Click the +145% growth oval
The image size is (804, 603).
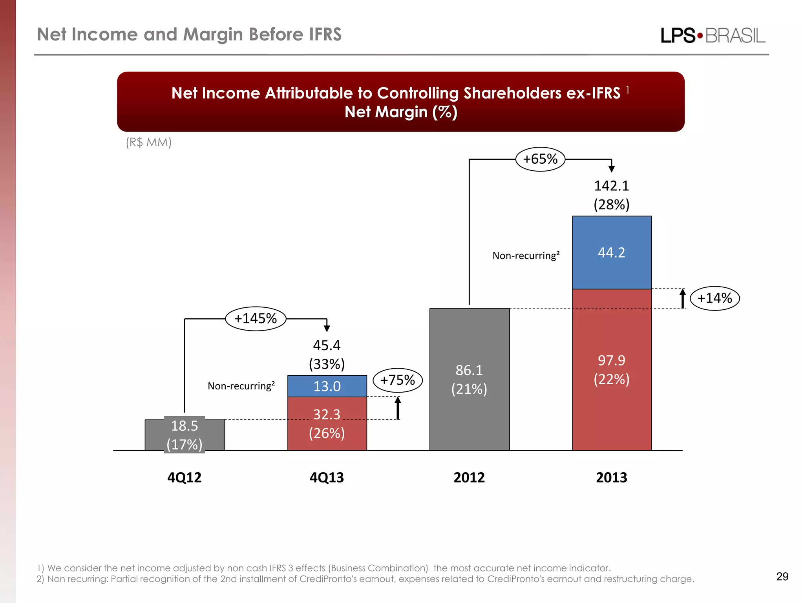click(x=256, y=318)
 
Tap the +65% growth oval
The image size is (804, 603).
click(x=540, y=159)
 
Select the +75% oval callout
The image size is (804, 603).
click(x=397, y=380)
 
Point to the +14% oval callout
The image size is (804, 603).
click(x=714, y=298)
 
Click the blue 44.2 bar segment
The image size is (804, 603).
click(x=612, y=252)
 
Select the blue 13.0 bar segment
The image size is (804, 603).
click(x=327, y=386)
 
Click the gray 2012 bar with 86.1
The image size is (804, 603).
click(x=469, y=379)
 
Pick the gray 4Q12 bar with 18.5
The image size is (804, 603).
click(x=185, y=435)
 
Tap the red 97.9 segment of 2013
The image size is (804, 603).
click(x=612, y=369)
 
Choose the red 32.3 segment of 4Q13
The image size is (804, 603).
click(x=327, y=424)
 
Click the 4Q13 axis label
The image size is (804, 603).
click(x=327, y=477)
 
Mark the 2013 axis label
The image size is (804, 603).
click(x=611, y=477)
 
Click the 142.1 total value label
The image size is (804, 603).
click(x=611, y=186)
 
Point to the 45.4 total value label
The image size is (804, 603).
click(x=327, y=345)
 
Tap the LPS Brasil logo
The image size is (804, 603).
click(x=713, y=36)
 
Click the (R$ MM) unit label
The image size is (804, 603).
click(x=148, y=142)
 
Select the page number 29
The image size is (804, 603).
click(x=782, y=576)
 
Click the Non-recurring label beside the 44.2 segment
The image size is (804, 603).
click(x=526, y=256)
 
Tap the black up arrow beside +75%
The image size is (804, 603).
click(x=398, y=408)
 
